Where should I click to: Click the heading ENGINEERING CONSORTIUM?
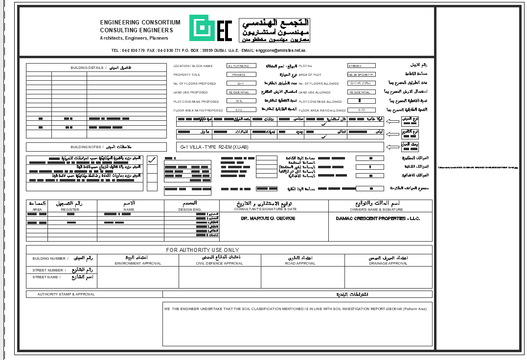(140, 22)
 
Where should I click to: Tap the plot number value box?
(362, 66)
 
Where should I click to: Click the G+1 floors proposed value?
(241, 84)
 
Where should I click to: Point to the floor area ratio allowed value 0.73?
(362, 110)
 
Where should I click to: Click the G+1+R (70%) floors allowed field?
(361, 83)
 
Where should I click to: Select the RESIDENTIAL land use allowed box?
(362, 92)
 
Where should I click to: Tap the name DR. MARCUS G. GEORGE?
(268, 219)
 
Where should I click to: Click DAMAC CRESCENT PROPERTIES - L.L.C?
(378, 219)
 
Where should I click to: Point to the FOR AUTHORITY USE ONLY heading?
(203, 250)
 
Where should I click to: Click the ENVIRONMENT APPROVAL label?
(137, 264)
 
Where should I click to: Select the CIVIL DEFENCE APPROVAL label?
(219, 264)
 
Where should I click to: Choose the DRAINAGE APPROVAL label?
(388, 264)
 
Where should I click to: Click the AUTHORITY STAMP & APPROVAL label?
(66, 294)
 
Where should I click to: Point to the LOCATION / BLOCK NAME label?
(193, 66)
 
